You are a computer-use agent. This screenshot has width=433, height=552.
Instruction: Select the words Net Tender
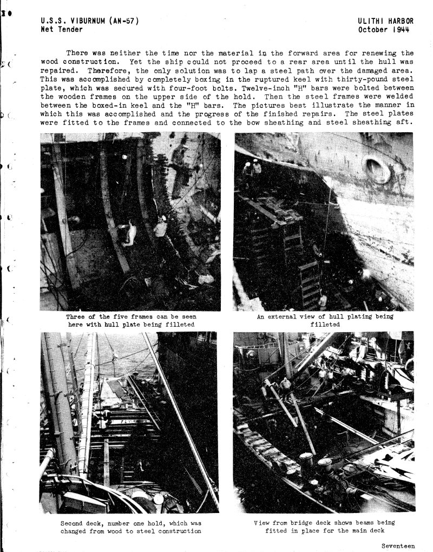click(62, 29)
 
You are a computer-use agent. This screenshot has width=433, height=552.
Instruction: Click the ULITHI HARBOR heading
click(385, 21)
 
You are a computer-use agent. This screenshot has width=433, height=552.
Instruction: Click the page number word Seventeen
click(398, 545)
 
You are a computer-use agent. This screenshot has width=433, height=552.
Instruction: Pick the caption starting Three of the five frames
click(130, 320)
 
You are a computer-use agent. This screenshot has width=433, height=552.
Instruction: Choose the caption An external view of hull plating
click(325, 320)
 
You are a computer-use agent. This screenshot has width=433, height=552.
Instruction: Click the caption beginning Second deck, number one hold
click(130, 527)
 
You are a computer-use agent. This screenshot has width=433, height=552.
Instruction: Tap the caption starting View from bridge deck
click(324, 527)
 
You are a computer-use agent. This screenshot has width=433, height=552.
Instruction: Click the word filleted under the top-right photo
click(325, 324)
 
